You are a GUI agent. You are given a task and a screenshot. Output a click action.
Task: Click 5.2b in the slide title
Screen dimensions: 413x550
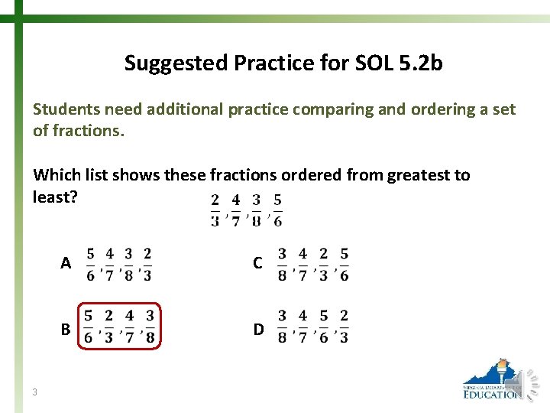click(420, 63)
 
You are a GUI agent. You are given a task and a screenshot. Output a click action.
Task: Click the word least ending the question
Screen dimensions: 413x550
click(52, 197)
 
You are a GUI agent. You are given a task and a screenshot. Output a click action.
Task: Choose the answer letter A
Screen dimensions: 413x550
click(66, 263)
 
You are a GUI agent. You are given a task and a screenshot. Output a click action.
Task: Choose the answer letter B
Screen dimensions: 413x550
click(66, 330)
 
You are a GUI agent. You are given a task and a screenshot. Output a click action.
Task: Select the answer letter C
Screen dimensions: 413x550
click(258, 263)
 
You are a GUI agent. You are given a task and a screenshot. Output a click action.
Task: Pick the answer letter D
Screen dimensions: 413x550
click(259, 330)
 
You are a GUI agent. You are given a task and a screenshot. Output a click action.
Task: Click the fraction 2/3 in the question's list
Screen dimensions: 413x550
click(215, 210)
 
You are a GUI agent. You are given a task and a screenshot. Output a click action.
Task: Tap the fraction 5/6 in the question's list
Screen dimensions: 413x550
click(277, 210)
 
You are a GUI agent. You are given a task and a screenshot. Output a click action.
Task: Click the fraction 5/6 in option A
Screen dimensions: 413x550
click(91, 264)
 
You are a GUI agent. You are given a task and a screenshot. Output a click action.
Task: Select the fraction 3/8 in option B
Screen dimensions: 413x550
click(150, 326)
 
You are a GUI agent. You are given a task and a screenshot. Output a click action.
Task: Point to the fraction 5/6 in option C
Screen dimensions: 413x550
click(344, 264)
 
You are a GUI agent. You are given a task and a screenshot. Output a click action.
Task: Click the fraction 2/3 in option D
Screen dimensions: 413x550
click(344, 326)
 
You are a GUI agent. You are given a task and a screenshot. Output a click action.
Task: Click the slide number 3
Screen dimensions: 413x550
click(35, 392)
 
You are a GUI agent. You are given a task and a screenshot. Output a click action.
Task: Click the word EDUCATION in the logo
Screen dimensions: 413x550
click(492, 395)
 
